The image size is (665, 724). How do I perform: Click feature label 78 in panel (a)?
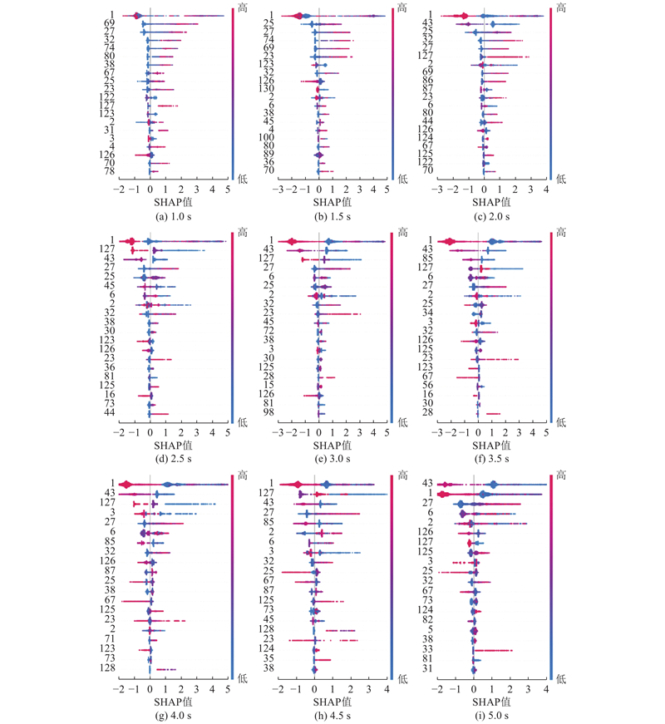109,172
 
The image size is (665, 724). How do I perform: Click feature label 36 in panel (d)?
109,368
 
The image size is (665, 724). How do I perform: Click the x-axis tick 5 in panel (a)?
228,190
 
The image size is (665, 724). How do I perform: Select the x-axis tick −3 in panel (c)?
436,190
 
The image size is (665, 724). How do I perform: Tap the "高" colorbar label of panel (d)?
243,230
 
